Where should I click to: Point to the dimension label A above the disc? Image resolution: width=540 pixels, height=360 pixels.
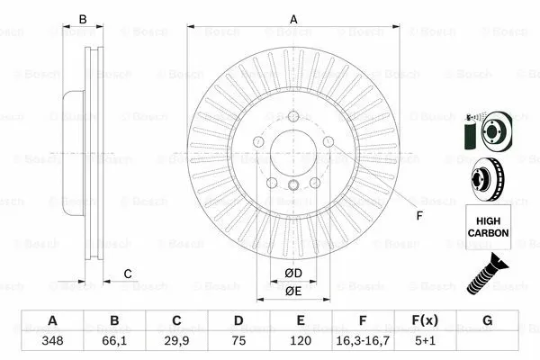(292, 18)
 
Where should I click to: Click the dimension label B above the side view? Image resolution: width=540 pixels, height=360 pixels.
(83, 18)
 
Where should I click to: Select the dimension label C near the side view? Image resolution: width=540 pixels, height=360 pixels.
(128, 274)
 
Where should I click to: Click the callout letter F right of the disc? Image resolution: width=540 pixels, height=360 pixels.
(418, 216)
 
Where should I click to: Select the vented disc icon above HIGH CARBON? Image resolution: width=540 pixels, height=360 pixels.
(487, 178)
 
